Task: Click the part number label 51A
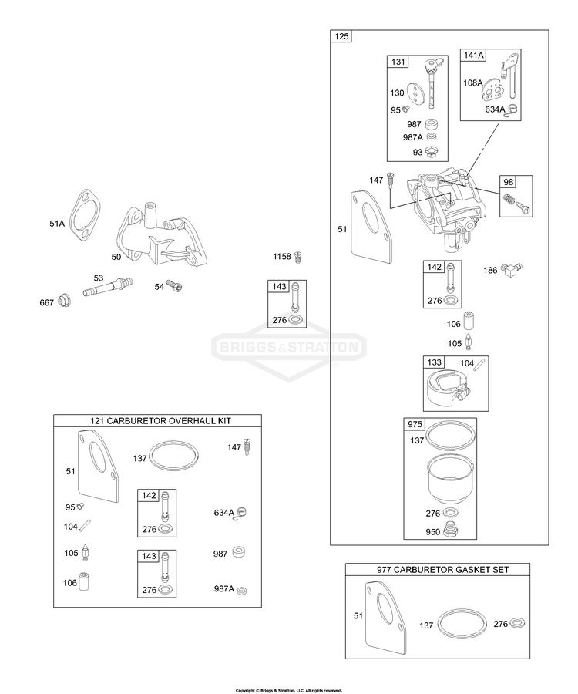pyautogui.click(x=56, y=224)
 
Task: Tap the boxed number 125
pyautogui.click(x=341, y=37)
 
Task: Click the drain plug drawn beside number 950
pyautogui.click(x=452, y=531)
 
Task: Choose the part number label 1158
pyautogui.click(x=281, y=256)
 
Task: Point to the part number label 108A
pyautogui.click(x=472, y=81)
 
